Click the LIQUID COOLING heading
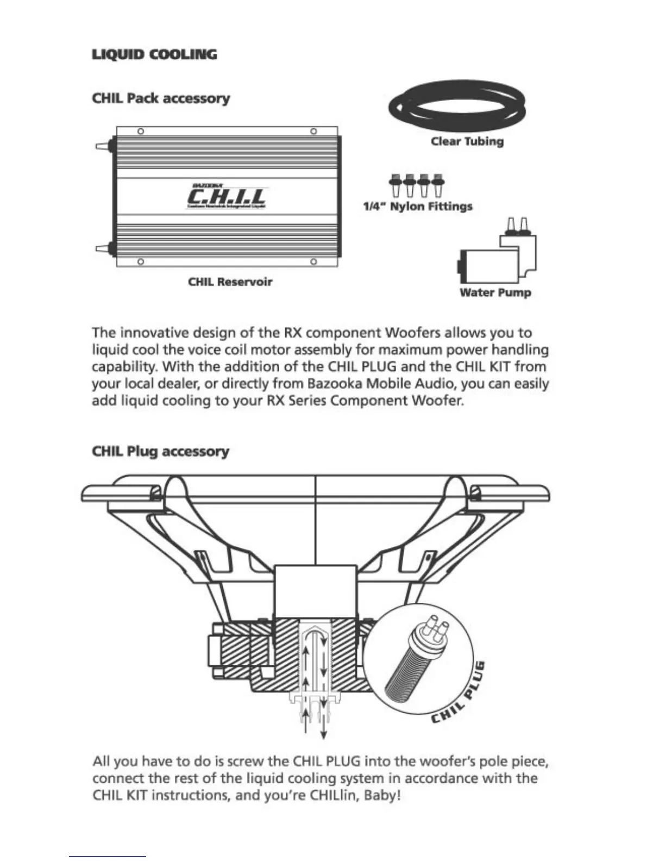point(154,54)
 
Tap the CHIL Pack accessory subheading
point(161,98)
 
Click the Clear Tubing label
point(467,141)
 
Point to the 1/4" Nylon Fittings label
point(417,207)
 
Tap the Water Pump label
point(495,292)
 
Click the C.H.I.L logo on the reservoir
point(227,196)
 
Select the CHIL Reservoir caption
point(230,282)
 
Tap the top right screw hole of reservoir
point(313,132)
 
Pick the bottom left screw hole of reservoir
point(140,262)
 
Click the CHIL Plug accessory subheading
point(160,452)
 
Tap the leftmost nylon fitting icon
point(395,185)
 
